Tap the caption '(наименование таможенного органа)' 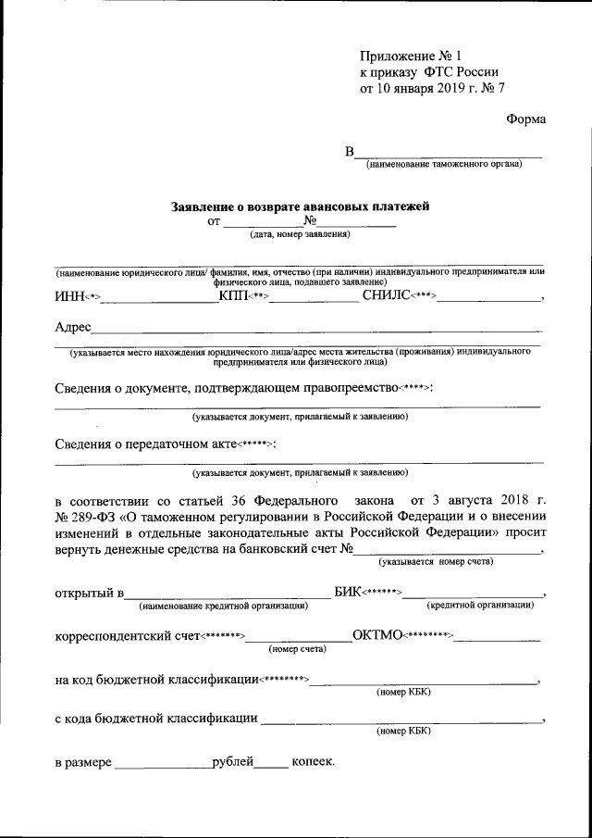point(444,165)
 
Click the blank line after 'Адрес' point(314,330)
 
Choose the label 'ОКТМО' point(376,636)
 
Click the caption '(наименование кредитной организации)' point(223,606)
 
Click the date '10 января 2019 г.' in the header point(431,89)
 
